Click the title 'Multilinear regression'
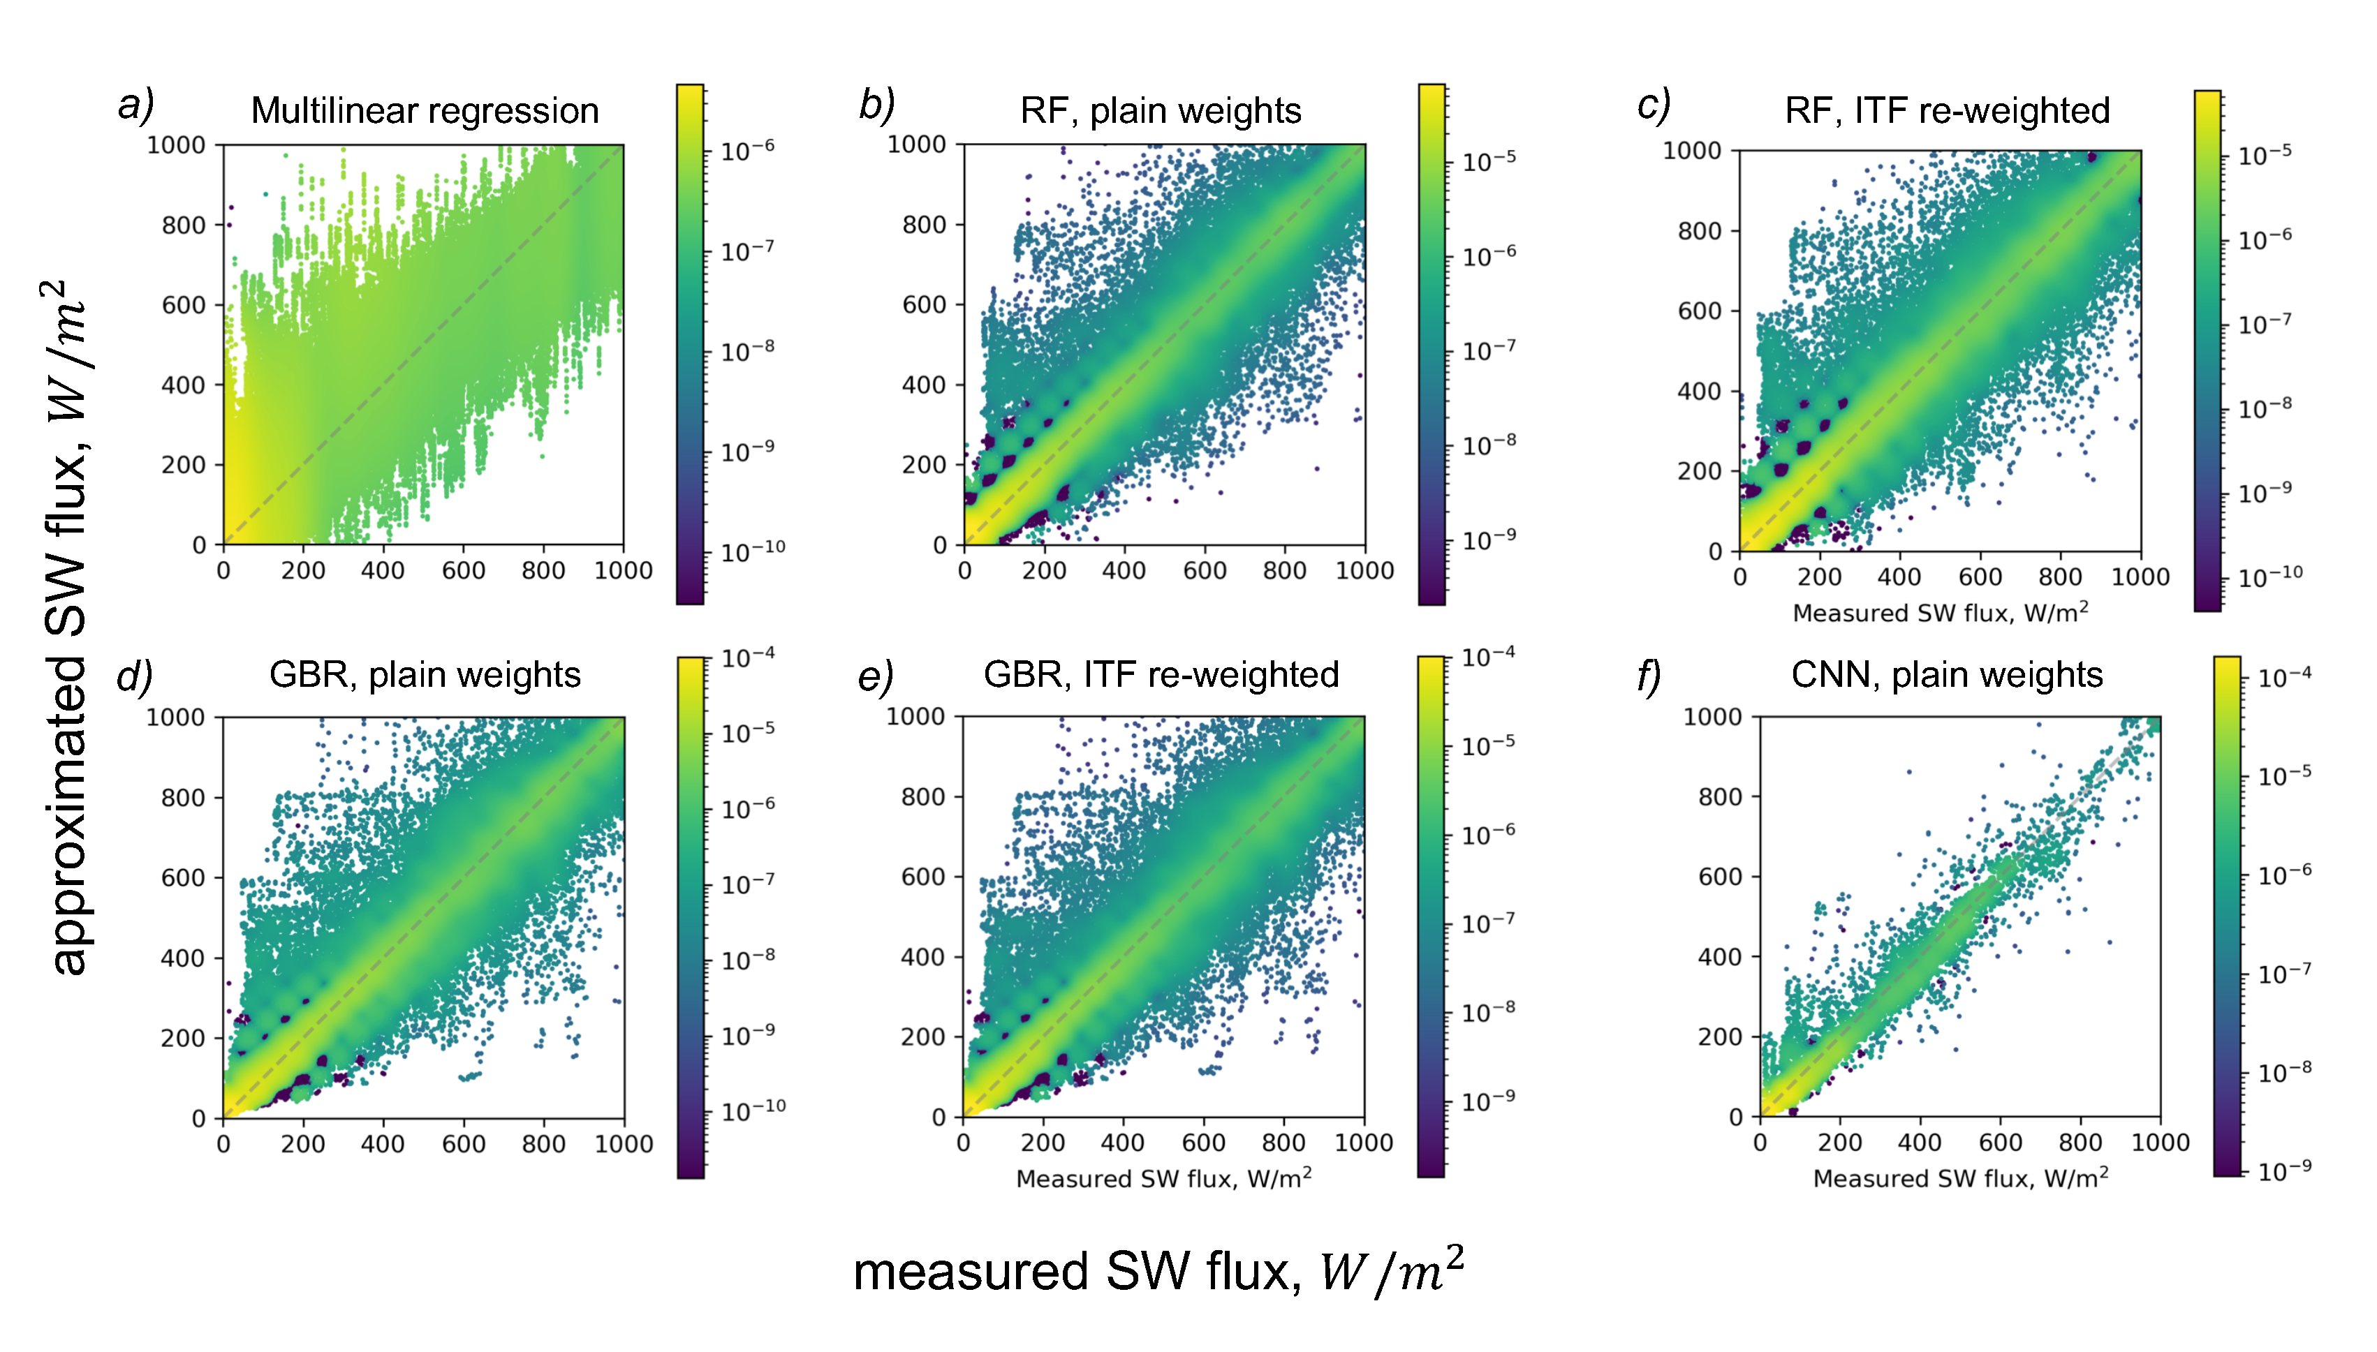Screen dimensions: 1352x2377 (x=425, y=110)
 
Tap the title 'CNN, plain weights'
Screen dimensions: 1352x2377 (x=1946, y=674)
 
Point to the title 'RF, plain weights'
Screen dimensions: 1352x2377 (x=1160, y=110)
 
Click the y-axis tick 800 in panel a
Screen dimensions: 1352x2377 (x=183, y=225)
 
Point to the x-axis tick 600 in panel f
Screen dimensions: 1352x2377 (x=1999, y=1142)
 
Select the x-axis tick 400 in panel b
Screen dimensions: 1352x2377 (x=1124, y=570)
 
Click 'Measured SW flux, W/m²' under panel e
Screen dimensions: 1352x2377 (x=1163, y=1178)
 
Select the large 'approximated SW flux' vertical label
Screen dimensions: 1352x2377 (x=67, y=627)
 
